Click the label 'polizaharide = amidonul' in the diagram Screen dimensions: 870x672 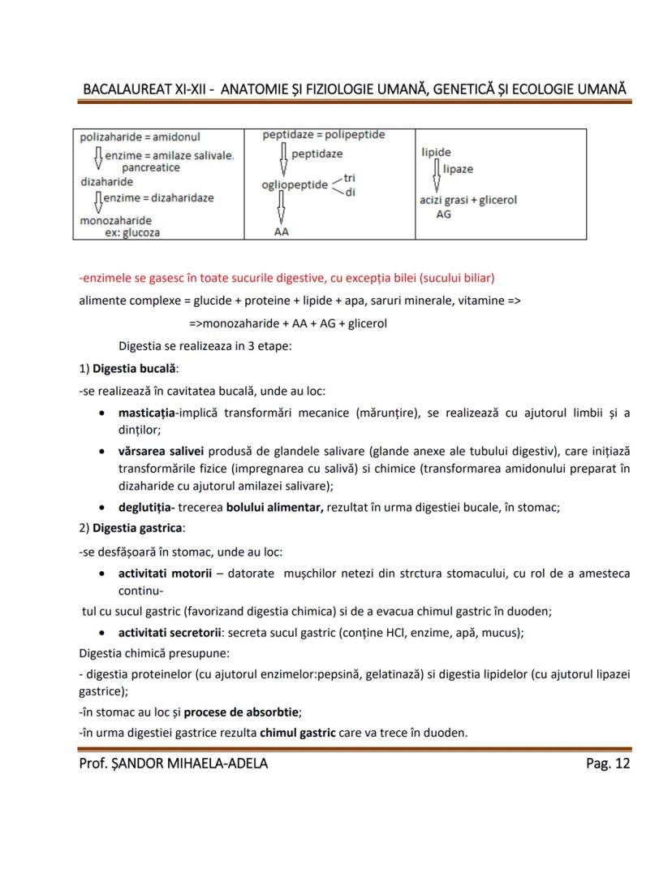pyautogui.click(x=140, y=137)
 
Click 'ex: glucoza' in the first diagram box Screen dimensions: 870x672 pyautogui.click(x=132, y=232)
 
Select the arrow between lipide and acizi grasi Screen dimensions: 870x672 pyautogui.click(x=437, y=175)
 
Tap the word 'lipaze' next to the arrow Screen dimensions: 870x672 pyautogui.click(x=459, y=169)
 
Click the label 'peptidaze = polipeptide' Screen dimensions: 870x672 pyautogui.click(x=324, y=135)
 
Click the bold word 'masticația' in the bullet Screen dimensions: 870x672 pyautogui.click(x=148, y=413)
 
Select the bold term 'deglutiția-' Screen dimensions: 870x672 pyautogui.click(x=152, y=508)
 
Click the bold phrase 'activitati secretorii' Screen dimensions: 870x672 pyautogui.click(x=170, y=631)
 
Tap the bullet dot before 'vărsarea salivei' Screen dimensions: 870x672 pyautogui.click(x=100, y=451)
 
